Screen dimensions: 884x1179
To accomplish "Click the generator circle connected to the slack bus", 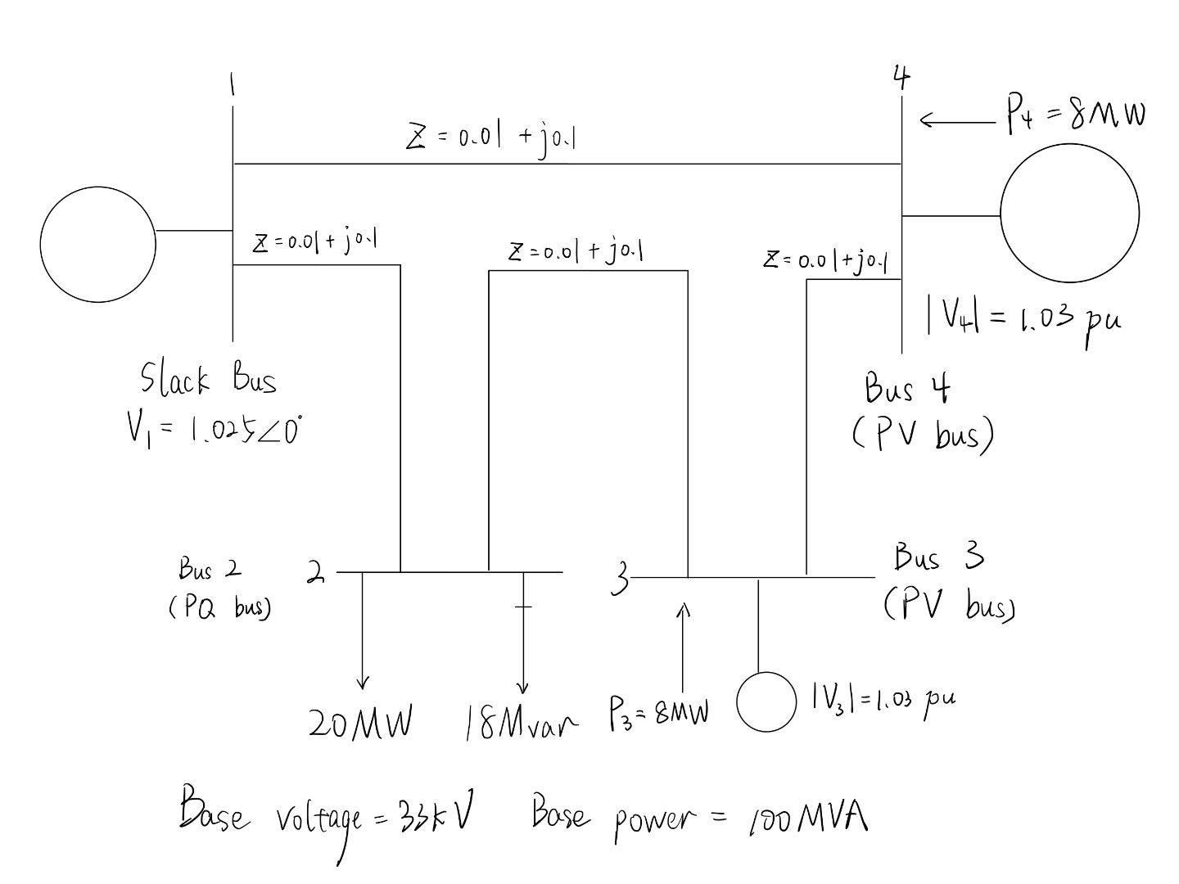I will click(97, 244).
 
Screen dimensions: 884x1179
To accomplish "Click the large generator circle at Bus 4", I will click(1069, 214).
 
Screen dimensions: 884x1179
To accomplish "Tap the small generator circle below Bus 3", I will click(766, 701).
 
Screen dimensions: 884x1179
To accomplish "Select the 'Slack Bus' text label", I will click(208, 379).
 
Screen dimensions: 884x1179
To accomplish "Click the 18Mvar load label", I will click(521, 722).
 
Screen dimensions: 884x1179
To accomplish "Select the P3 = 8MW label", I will click(658, 712).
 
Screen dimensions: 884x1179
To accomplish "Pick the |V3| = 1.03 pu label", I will click(883, 700).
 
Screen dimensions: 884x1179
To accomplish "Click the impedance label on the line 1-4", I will click(491, 138).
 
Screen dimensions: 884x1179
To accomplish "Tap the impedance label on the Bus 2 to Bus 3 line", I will click(575, 251).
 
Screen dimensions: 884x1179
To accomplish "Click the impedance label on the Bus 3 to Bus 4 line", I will click(826, 260).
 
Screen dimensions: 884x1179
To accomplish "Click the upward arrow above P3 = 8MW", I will click(684, 647).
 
